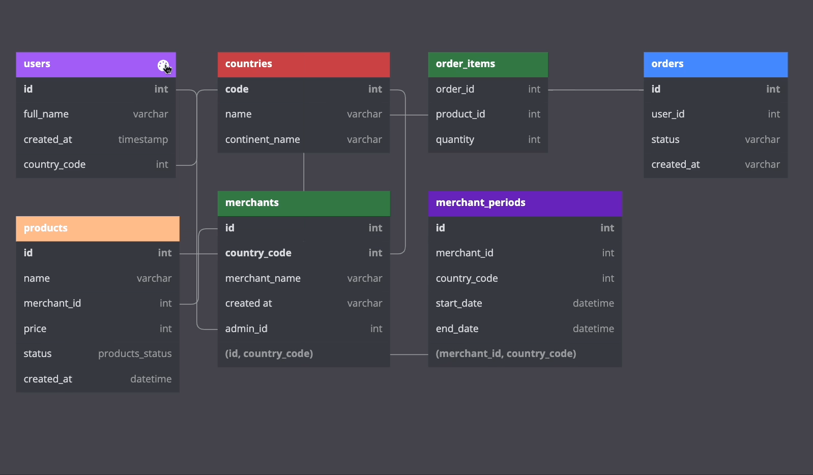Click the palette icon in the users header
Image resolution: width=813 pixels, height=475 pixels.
click(x=163, y=65)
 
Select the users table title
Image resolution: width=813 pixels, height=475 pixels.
click(x=37, y=64)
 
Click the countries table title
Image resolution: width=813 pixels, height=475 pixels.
click(x=249, y=64)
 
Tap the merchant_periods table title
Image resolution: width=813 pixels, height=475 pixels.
click(x=481, y=202)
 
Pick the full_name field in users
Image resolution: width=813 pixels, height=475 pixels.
click(x=46, y=114)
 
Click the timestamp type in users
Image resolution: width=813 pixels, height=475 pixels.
click(x=143, y=140)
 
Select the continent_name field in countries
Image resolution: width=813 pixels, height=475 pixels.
click(x=263, y=140)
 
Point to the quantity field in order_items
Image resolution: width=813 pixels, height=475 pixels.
click(x=455, y=140)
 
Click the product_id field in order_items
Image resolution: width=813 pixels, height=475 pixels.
click(x=460, y=114)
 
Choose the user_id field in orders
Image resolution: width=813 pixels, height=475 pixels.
click(x=668, y=114)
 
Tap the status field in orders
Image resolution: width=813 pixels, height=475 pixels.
click(x=665, y=140)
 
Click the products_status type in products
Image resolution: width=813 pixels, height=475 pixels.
click(x=135, y=354)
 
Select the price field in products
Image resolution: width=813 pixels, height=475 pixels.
click(x=35, y=329)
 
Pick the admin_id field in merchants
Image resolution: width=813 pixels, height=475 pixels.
click(x=246, y=329)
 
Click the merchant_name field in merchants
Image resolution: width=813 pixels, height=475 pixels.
click(x=263, y=278)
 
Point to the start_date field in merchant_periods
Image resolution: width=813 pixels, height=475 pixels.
click(x=459, y=304)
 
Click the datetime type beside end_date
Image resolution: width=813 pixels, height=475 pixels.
click(x=593, y=329)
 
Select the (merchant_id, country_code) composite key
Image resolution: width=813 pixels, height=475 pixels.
click(x=506, y=354)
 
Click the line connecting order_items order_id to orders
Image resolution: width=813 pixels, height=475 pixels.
click(x=596, y=90)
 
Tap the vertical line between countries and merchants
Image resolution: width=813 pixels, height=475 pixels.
click(x=304, y=172)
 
